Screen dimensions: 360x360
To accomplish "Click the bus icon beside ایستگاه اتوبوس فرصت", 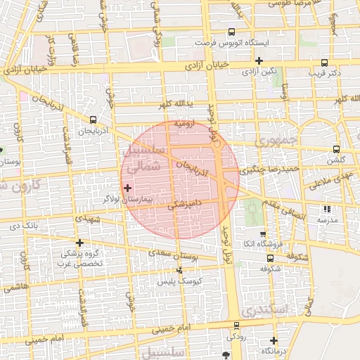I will (x=232, y=32).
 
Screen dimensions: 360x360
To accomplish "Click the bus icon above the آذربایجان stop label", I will (x=93, y=120).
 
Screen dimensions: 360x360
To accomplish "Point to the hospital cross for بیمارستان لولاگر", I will (x=127, y=188).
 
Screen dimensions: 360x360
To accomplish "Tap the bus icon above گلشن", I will (x=336, y=149).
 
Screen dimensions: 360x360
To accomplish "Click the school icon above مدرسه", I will (x=326, y=209).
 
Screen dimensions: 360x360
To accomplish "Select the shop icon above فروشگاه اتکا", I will (x=263, y=234).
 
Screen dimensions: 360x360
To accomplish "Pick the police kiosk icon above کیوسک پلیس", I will (x=180, y=269).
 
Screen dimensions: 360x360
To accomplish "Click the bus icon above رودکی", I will (x=236, y=326).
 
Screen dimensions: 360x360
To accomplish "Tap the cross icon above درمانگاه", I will (x=274, y=340).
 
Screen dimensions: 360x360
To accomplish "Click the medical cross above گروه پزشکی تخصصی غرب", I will (x=79, y=243).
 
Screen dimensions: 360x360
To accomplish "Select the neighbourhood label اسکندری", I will (x=263, y=309).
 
